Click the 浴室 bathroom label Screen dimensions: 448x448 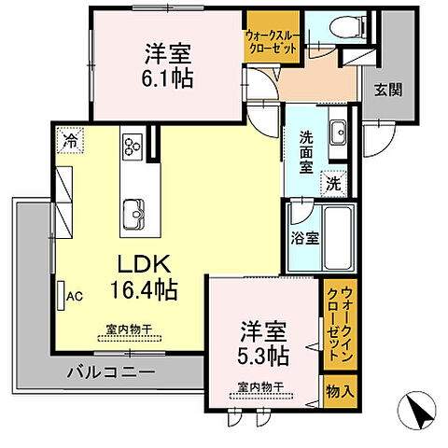click(305, 237)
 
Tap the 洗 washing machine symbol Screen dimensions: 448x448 click(333, 184)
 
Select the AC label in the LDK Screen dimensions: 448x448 click(74, 297)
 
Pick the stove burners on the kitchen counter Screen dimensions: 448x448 click(132, 146)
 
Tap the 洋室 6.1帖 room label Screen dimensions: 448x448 click(168, 66)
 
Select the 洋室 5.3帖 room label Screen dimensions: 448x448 click(265, 343)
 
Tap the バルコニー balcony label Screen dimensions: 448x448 click(110, 373)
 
